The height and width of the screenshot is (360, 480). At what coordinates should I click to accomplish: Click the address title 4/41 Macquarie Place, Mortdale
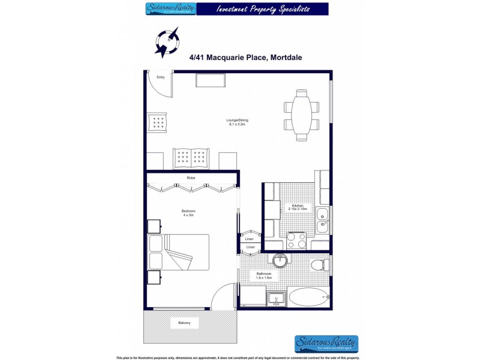point(245,58)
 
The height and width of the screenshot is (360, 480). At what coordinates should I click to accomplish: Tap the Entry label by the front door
point(161,77)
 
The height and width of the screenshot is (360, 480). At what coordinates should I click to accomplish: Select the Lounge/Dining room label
point(237,122)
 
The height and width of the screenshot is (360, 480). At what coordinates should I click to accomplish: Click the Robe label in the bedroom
point(191,178)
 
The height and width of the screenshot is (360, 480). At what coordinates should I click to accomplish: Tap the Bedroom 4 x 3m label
point(188,213)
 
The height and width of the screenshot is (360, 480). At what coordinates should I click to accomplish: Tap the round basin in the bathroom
point(280,262)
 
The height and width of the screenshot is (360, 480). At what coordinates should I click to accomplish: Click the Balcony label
point(184,323)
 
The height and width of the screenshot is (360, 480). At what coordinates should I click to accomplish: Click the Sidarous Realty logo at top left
point(170,9)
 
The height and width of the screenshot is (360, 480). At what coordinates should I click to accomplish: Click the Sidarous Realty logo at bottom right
point(326,343)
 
